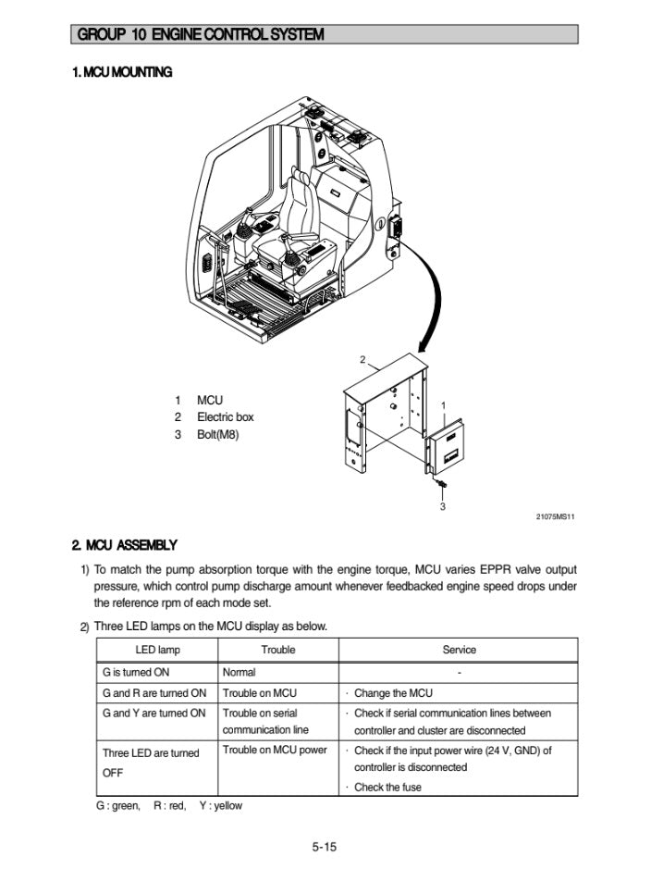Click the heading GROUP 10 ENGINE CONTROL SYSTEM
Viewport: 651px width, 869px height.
click(x=201, y=35)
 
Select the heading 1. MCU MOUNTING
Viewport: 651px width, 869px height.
click(x=122, y=72)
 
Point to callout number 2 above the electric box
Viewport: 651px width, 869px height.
click(x=362, y=359)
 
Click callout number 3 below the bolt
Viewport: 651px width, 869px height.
click(x=442, y=506)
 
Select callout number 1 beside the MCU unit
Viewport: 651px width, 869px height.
click(x=444, y=405)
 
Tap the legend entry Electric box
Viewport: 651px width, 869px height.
click(x=225, y=417)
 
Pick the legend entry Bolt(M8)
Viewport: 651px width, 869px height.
click(x=217, y=434)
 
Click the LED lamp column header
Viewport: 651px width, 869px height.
click(x=157, y=650)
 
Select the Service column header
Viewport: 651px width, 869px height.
click(x=459, y=650)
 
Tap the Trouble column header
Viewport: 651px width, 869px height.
click(x=277, y=650)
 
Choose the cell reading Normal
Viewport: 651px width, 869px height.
click(x=240, y=672)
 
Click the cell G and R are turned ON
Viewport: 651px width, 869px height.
click(x=154, y=693)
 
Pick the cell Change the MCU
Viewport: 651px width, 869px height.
click(x=393, y=693)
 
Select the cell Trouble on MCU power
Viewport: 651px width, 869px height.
click(x=275, y=751)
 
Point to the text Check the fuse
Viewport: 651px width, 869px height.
click(x=388, y=788)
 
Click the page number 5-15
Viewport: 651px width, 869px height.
click(x=325, y=845)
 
